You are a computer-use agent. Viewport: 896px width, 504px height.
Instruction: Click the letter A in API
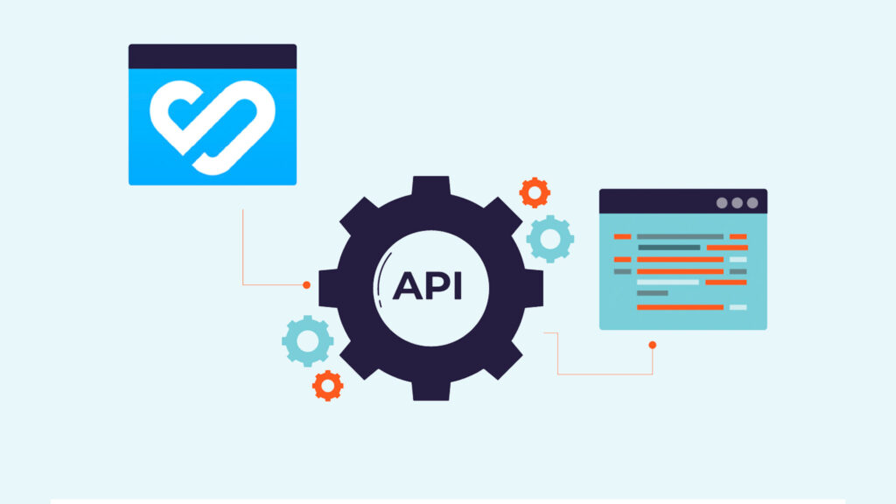click(408, 286)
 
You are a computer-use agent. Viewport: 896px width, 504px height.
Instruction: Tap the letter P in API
click(437, 286)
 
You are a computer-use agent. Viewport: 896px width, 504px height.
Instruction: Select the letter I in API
click(458, 286)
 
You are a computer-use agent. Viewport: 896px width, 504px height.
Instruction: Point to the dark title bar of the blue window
click(213, 57)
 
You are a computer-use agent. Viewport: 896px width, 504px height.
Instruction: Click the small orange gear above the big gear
click(535, 192)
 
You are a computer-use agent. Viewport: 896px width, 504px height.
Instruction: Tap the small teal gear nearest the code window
click(550, 238)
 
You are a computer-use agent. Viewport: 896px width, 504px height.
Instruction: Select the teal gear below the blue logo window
click(308, 341)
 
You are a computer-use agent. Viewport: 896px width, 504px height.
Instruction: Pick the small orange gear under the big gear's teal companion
click(327, 385)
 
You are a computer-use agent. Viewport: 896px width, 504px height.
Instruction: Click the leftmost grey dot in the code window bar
click(722, 203)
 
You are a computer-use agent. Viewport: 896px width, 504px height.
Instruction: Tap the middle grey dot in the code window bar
click(737, 203)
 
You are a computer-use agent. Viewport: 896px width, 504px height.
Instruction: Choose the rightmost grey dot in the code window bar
click(752, 203)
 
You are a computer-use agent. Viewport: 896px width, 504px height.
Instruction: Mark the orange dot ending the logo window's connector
click(306, 285)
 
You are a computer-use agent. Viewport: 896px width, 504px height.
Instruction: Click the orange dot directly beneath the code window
click(652, 345)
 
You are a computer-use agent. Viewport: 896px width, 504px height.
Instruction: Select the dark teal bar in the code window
click(668, 248)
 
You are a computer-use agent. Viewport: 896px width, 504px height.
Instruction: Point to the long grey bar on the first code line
click(680, 236)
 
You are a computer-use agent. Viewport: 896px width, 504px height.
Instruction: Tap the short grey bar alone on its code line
click(652, 294)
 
